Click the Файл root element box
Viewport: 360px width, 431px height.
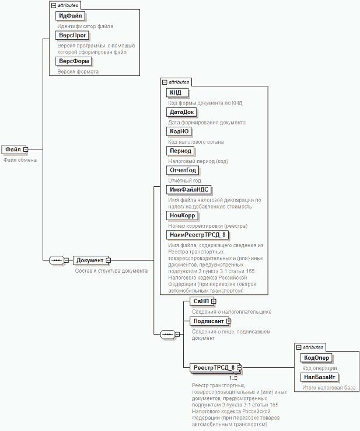(12, 150)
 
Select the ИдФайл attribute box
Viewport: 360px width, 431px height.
(69, 16)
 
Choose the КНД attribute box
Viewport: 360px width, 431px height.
(175, 93)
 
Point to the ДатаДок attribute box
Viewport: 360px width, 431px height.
(181, 112)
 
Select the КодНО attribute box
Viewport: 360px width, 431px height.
(178, 131)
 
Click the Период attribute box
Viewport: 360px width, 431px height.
(180, 151)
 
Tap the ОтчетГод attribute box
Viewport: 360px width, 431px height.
(183, 170)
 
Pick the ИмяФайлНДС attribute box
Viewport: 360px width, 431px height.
(188, 189)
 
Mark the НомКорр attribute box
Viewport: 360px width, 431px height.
(182, 215)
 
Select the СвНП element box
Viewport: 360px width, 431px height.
(200, 301)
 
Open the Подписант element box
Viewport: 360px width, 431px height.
(208, 321)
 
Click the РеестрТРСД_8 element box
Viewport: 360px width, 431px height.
(213, 367)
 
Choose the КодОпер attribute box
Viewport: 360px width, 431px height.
(317, 358)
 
